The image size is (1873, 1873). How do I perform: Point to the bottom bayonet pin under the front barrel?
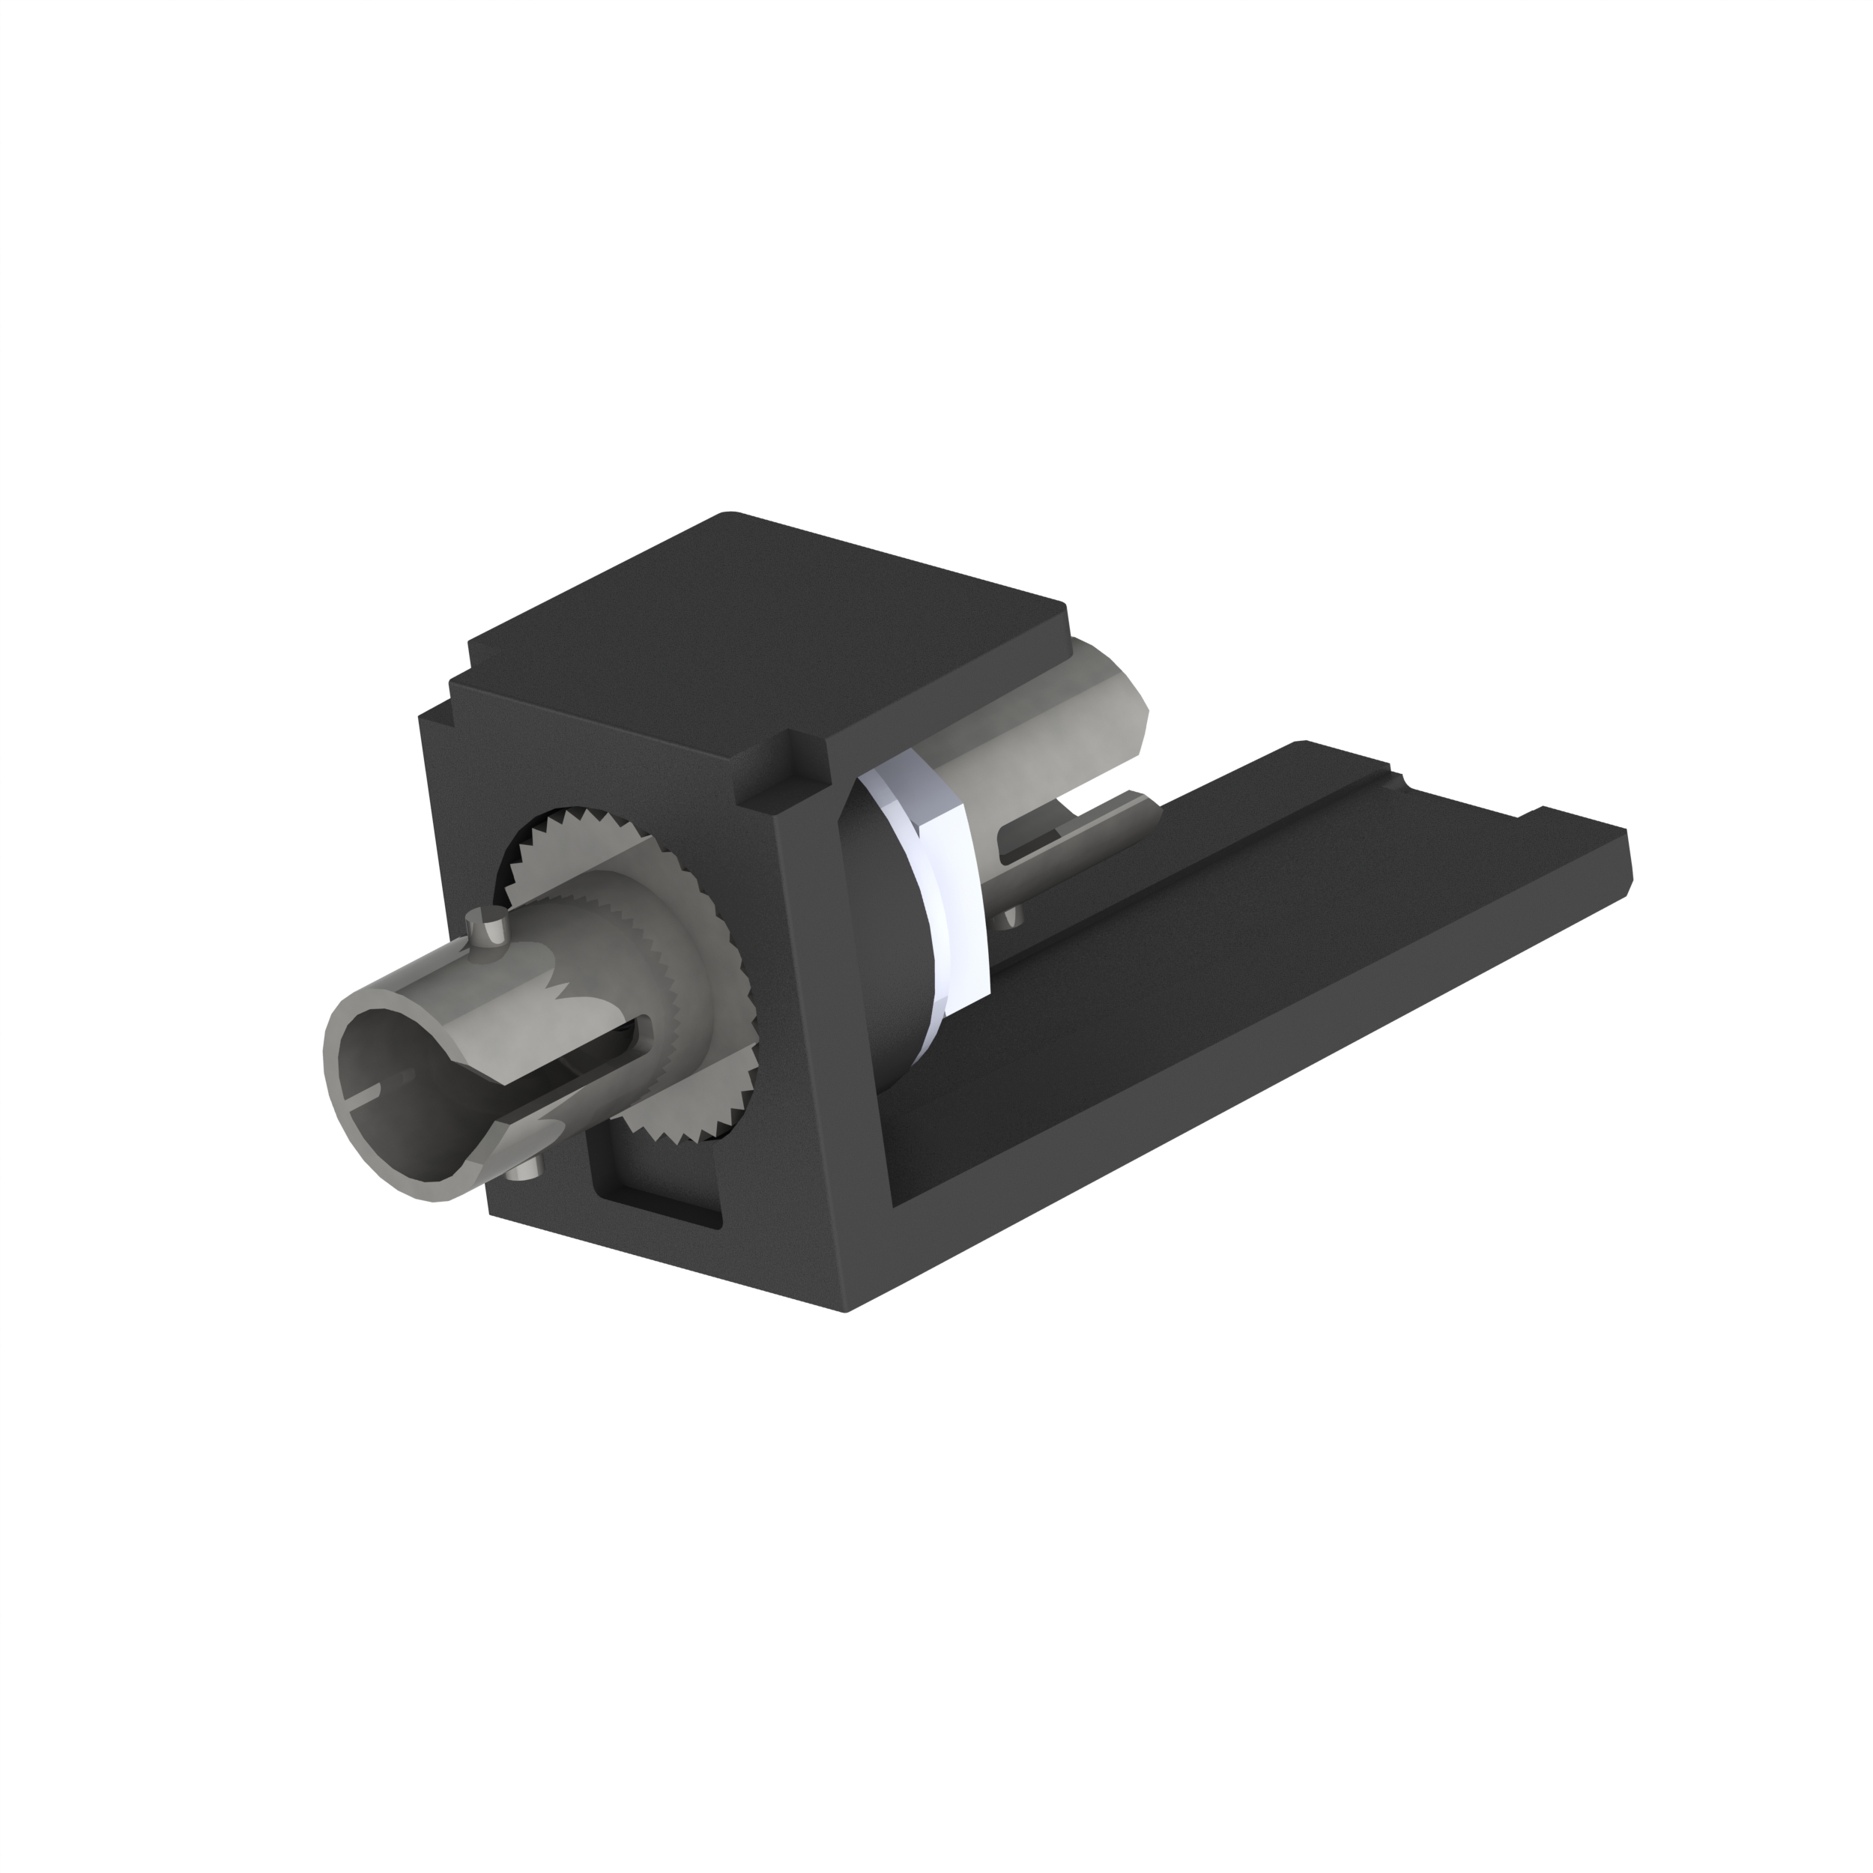click(524, 1174)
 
